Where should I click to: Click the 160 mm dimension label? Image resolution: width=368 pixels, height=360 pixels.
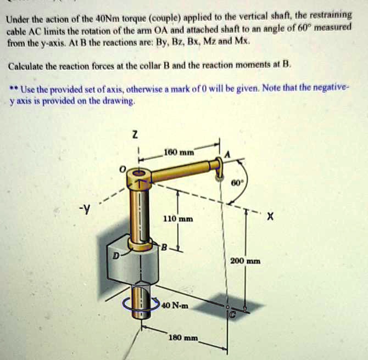pos(177,151)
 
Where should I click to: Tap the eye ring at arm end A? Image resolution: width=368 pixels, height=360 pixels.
pos(220,165)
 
